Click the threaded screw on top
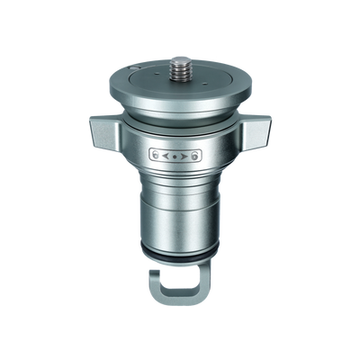pyautogui.click(x=179, y=66)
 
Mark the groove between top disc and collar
pyautogui.click(x=180, y=115)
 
